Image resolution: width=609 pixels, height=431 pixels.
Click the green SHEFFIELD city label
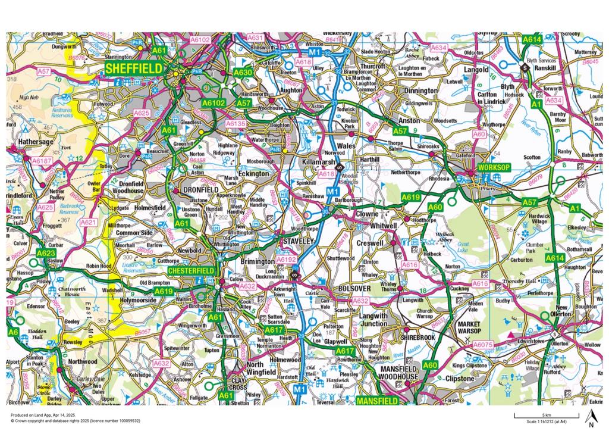[134, 69]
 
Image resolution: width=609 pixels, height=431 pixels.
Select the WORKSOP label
[494, 167]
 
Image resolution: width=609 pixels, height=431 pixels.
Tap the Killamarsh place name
[320, 161]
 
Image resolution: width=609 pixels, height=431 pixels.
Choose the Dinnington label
[420, 90]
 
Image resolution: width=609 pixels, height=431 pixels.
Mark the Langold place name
[476, 70]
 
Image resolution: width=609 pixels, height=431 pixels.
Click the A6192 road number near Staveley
[286, 260]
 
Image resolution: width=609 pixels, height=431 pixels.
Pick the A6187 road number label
[42, 161]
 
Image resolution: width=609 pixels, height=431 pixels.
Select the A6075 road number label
[483, 344]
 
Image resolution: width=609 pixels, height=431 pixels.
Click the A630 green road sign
[243, 72]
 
